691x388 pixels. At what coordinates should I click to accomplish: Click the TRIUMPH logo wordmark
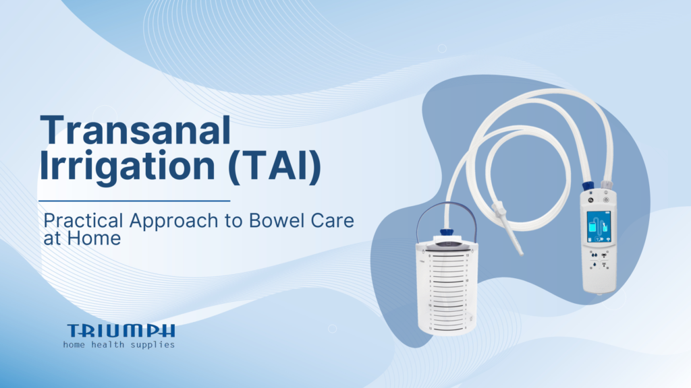[x=121, y=330]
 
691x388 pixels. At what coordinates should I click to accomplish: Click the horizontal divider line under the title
[x=134, y=200]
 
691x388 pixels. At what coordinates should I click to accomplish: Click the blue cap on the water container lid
[x=445, y=232]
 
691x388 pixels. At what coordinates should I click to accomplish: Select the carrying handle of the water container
[x=443, y=214]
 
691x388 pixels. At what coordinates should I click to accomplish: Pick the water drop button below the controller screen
[x=591, y=255]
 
